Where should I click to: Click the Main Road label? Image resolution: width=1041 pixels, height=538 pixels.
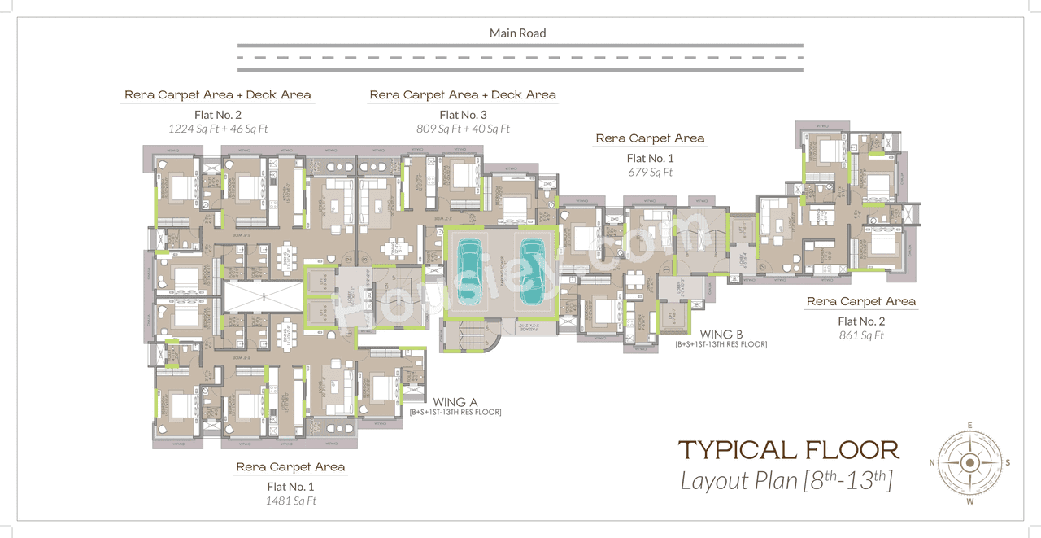click(x=517, y=33)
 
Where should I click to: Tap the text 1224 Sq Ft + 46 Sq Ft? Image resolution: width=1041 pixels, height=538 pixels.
click(x=218, y=129)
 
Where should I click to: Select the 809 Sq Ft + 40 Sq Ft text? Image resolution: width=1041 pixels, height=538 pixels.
click(x=463, y=129)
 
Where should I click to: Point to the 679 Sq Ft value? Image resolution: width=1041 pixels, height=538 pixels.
click(x=650, y=173)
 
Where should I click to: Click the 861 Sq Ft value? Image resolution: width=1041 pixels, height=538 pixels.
click(x=860, y=335)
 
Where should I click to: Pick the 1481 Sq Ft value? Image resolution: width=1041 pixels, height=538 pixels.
click(x=290, y=501)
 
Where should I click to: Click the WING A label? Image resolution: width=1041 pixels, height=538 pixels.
click(x=455, y=402)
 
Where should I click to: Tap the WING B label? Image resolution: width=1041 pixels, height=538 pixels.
click(x=721, y=334)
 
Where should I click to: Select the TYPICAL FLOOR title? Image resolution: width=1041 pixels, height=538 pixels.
click(x=788, y=449)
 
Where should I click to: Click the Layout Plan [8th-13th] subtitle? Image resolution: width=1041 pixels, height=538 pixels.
click(x=786, y=480)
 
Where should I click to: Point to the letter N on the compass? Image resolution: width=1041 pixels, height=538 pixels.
click(x=932, y=462)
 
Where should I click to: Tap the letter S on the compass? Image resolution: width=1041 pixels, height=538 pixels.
click(x=1007, y=462)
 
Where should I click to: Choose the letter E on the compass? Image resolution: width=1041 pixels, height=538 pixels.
click(x=969, y=425)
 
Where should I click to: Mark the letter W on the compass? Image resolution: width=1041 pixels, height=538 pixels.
click(x=969, y=501)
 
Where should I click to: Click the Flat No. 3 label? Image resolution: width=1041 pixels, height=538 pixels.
click(x=463, y=115)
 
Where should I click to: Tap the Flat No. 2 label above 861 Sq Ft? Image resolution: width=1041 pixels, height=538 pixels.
click(x=860, y=321)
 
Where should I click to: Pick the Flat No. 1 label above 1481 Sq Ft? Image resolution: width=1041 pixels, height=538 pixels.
click(x=290, y=487)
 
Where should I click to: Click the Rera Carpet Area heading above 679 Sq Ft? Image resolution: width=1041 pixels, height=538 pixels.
click(x=650, y=138)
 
